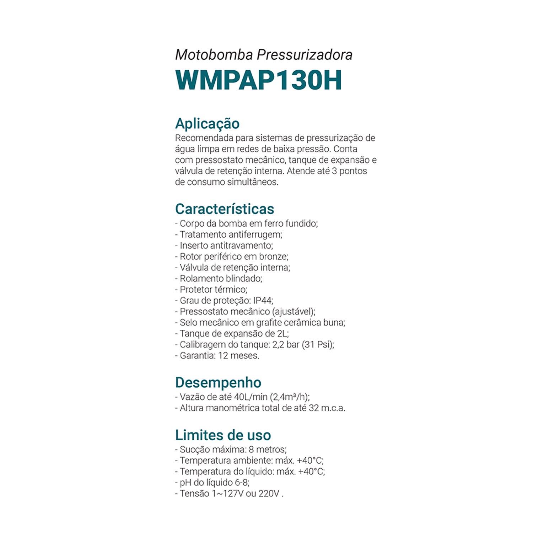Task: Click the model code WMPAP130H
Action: click(x=258, y=80)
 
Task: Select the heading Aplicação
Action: click(x=207, y=124)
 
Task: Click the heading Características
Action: click(x=225, y=209)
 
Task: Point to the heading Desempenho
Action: click(x=218, y=382)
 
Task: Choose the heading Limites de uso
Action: click(x=223, y=435)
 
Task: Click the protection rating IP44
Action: click(x=263, y=301)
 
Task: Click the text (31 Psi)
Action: click(x=318, y=345)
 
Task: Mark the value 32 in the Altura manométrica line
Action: click(x=314, y=408)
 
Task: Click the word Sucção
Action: click(x=195, y=449)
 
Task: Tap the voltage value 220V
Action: click(x=269, y=494)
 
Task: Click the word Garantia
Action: click(x=197, y=356)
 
